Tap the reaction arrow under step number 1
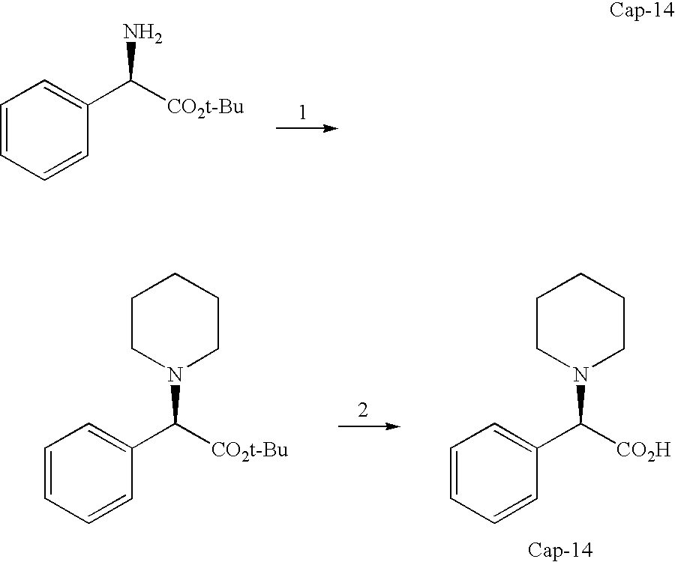click(307, 128)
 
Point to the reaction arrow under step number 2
click(367, 426)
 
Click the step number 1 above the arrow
click(303, 113)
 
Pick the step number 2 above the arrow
click(363, 411)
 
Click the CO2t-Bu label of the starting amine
click(205, 109)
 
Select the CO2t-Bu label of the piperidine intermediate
click(250, 450)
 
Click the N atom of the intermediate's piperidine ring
click(175, 373)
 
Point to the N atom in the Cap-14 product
click(580, 373)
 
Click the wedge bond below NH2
click(130, 63)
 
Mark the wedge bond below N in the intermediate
click(175, 404)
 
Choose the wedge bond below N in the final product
click(580, 404)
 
